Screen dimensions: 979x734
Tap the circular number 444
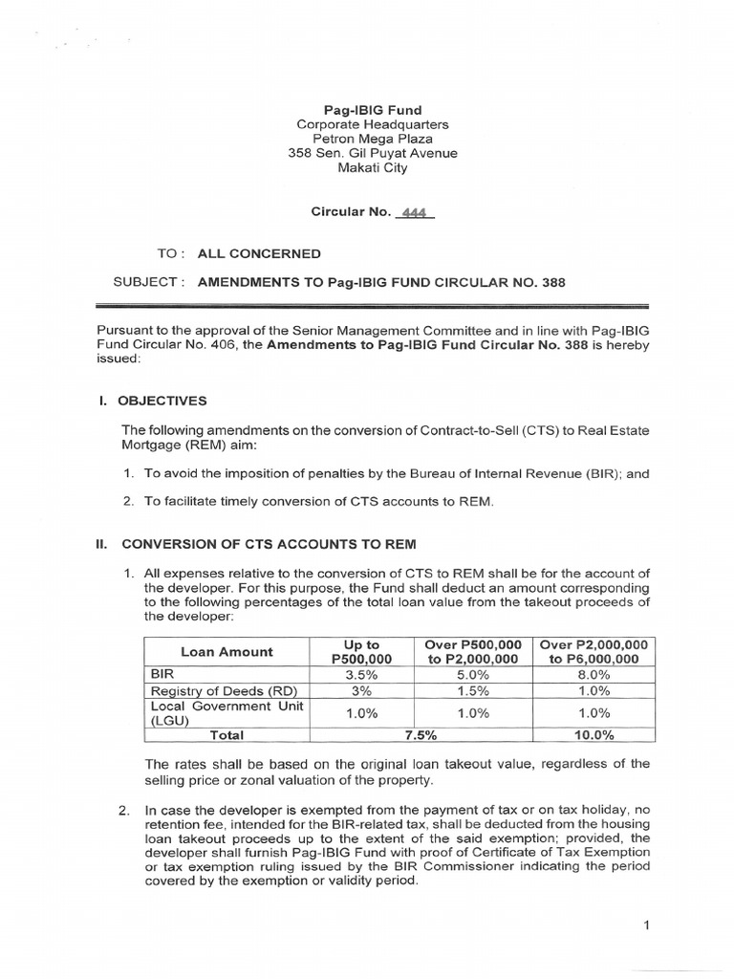point(413,212)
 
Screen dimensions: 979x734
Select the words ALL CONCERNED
point(259,253)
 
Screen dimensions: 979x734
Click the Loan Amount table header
point(227,652)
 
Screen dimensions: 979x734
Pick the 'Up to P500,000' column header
point(361,652)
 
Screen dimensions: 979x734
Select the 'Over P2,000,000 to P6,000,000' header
point(594,652)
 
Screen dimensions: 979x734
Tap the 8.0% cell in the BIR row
point(594,674)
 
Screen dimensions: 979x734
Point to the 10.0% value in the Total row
point(594,735)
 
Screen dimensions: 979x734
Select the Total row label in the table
point(227,735)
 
